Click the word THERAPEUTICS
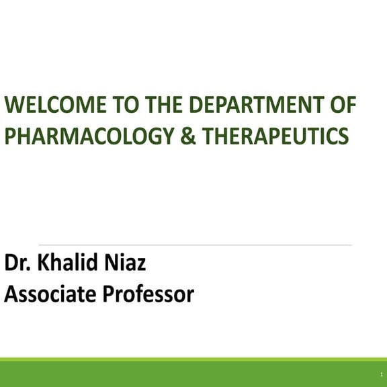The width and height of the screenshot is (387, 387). [x=275, y=136]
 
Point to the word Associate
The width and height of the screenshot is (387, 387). [x=48, y=294]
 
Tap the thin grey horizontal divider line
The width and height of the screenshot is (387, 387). [x=195, y=245]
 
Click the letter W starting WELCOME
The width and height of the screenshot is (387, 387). [x=14, y=105]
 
